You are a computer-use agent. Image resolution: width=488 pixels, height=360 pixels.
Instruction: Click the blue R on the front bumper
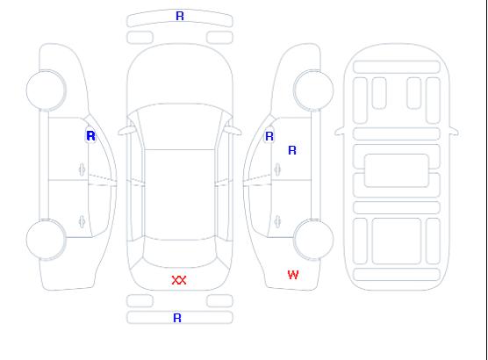180,16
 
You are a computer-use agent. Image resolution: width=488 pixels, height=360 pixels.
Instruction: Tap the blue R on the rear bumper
177,318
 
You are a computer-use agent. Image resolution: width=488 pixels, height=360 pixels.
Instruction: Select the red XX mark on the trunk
179,280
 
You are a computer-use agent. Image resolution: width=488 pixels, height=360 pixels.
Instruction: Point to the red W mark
293,275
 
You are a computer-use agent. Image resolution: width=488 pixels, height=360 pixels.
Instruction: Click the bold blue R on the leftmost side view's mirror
90,136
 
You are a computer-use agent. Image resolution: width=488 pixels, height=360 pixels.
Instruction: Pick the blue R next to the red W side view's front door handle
292,150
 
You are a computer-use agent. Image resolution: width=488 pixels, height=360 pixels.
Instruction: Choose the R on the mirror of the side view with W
269,136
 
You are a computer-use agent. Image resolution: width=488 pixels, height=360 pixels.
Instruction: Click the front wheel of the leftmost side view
46,90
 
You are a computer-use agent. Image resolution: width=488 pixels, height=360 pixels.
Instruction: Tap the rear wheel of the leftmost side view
46,240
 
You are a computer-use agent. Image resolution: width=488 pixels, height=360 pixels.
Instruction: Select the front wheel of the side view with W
313,90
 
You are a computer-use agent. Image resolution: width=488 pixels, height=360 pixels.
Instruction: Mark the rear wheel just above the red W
313,240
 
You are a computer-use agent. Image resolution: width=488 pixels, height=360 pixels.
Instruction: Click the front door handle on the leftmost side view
82,169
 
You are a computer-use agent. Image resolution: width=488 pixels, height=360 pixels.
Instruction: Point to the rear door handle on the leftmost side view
82,221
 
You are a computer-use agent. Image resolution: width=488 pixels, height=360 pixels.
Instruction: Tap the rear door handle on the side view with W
277,221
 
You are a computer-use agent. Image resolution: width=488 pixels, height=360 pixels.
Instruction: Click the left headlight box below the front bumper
140,38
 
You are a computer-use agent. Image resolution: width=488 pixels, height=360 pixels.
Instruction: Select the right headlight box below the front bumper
219,38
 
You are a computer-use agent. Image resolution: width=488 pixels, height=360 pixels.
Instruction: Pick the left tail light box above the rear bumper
140,301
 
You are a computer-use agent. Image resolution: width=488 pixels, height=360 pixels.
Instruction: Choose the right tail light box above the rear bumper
219,301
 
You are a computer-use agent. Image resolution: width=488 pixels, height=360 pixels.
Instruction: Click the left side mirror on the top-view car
126,131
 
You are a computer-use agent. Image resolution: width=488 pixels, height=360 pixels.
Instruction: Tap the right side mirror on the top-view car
233,131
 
